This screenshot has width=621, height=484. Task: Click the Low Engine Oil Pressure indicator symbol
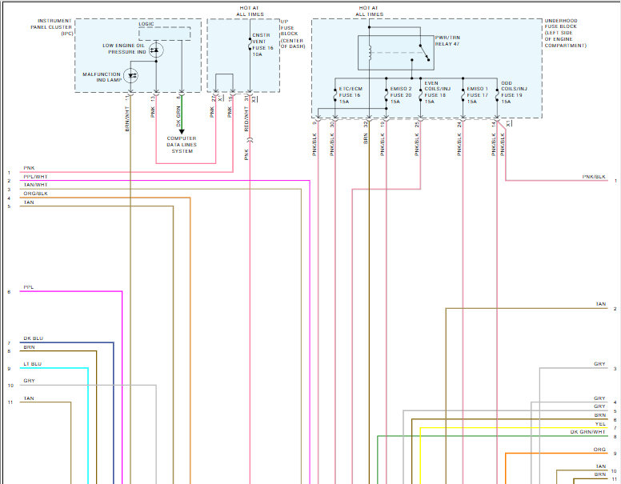(x=157, y=50)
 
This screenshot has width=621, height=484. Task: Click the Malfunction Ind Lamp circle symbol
(x=134, y=76)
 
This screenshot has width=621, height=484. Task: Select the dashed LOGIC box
(x=165, y=33)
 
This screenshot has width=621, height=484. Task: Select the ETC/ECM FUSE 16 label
(x=351, y=95)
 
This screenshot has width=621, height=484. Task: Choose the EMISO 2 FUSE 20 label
(x=400, y=95)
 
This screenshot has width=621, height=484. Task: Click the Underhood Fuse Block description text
(x=565, y=33)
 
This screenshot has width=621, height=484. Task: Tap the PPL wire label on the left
(x=28, y=286)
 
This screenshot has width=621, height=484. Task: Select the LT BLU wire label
(x=32, y=364)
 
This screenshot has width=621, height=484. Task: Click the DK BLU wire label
(x=33, y=339)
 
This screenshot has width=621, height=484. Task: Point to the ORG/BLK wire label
(x=35, y=194)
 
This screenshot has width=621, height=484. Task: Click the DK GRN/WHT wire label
(x=587, y=432)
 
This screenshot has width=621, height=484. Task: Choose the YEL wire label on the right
(x=600, y=424)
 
